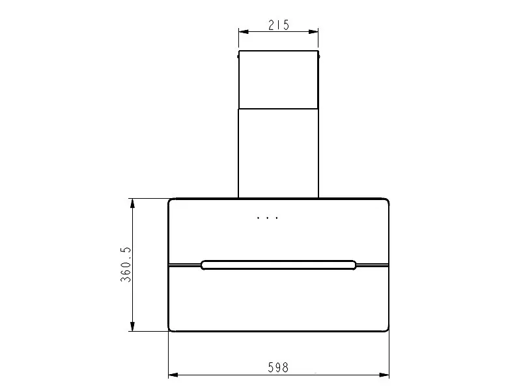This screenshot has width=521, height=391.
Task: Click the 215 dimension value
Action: click(279, 25)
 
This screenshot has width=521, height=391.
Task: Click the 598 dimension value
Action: click(278, 368)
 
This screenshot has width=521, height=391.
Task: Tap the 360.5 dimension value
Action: click(126, 265)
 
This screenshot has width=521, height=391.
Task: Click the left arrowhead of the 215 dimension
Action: click(244, 32)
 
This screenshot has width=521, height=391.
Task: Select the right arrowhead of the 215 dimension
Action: click(313, 32)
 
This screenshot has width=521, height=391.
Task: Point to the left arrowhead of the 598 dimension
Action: click(173, 375)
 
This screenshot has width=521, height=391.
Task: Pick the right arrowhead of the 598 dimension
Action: click(384, 375)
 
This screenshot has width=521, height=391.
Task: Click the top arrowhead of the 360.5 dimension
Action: click(133, 203)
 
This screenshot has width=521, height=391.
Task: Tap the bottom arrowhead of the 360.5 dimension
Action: click(133, 326)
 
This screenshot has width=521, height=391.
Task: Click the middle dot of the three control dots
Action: click(268, 218)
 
